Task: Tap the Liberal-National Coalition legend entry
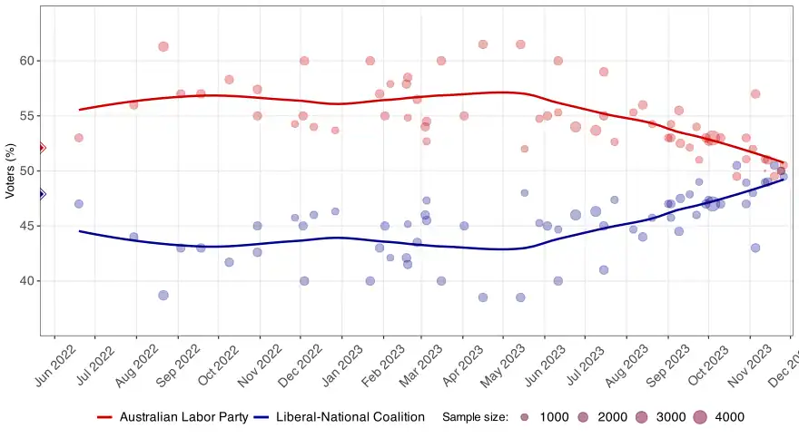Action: pos(340,417)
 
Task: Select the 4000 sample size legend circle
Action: pos(699,417)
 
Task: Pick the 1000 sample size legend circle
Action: pos(525,417)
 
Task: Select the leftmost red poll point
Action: pos(79,138)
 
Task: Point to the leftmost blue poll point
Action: pos(79,204)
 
